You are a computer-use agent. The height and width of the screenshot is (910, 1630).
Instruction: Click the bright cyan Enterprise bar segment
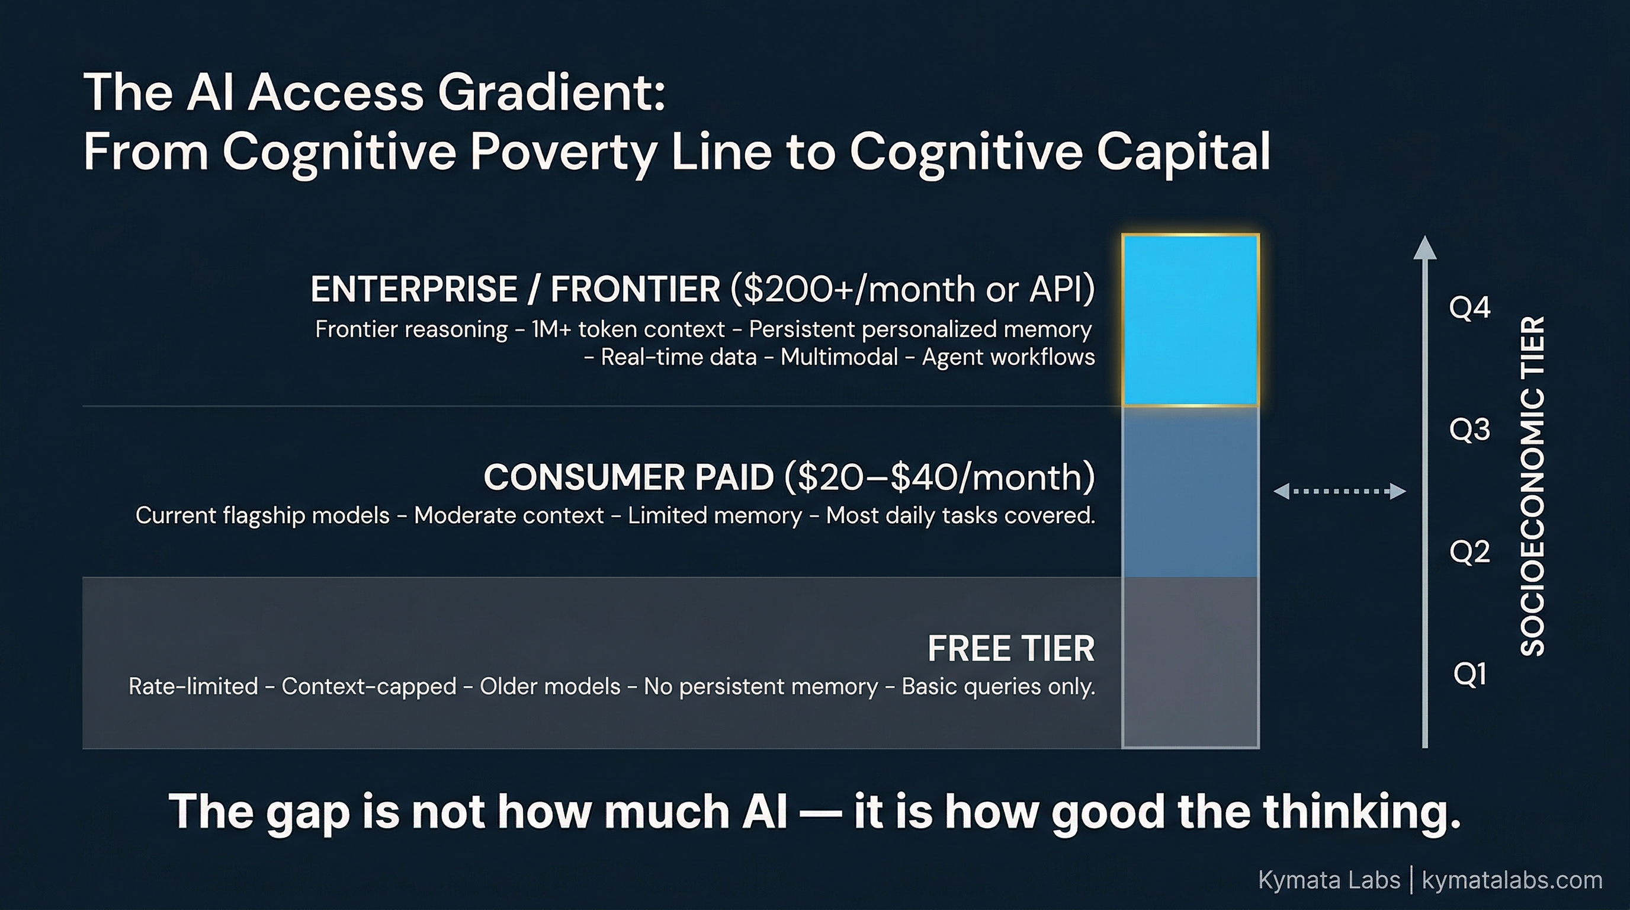point(1191,319)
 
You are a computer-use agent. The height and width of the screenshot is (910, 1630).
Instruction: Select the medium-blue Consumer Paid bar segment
point(1191,492)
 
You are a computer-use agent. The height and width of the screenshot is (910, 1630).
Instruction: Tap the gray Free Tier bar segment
point(1191,662)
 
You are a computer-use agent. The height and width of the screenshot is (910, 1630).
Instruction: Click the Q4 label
point(1470,308)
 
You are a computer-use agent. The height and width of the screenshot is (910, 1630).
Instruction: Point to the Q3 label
point(1470,430)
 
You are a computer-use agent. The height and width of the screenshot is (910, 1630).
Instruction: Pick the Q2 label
point(1470,552)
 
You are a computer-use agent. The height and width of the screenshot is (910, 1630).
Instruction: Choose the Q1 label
point(1470,675)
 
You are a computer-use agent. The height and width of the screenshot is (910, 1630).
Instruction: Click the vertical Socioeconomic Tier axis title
point(1532,485)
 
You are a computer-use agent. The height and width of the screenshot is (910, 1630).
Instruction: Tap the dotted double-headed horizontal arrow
point(1340,491)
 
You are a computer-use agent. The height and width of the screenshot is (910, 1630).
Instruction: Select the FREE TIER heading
point(1010,649)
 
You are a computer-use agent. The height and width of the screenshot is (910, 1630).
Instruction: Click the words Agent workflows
point(1008,357)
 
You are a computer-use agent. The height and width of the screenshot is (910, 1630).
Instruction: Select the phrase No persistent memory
point(761,687)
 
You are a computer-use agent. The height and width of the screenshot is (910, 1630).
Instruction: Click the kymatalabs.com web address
point(1512,880)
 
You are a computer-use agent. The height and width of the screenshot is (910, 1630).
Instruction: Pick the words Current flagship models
point(262,516)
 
